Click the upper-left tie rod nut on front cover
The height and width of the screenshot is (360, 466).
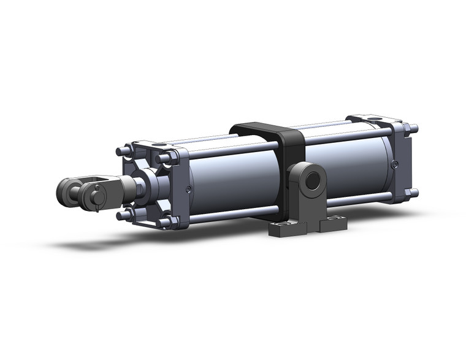[x=123, y=150]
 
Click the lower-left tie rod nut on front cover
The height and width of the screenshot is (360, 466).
[x=123, y=215]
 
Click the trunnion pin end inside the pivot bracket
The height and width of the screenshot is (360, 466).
[x=315, y=181]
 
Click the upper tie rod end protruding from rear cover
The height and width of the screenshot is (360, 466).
[x=414, y=129]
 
